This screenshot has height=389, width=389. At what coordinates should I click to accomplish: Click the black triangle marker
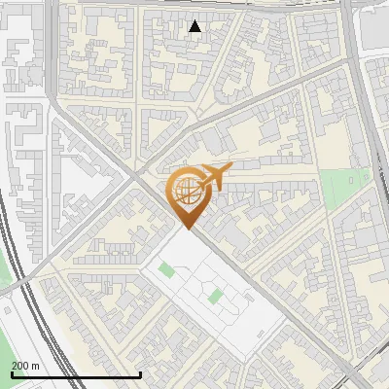point(195,26)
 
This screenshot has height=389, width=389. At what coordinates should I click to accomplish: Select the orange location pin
point(189,195)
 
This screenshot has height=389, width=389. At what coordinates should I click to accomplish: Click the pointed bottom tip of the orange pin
point(189,229)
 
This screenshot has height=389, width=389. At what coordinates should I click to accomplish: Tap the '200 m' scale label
point(26,365)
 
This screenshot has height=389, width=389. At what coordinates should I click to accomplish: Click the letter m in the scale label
point(36,365)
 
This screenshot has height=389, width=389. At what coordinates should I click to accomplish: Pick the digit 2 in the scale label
point(16,365)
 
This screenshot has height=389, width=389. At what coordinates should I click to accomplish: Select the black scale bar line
point(76,374)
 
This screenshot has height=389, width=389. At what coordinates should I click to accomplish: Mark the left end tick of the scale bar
point(11,372)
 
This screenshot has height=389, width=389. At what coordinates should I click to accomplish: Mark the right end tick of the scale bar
point(141,372)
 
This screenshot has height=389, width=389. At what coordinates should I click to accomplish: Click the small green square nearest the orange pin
point(165,269)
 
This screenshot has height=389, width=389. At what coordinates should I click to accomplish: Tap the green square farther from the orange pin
point(214,295)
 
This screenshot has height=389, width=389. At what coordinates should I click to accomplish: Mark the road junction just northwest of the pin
point(134,176)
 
